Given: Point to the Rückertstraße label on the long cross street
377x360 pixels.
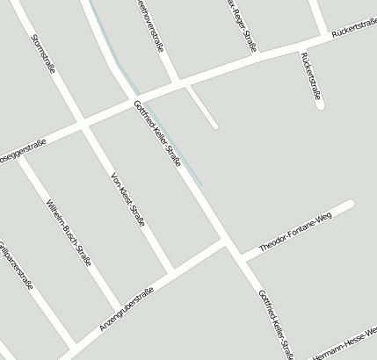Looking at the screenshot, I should click(x=353, y=31).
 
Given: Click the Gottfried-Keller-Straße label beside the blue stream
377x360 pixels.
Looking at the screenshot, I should click(x=157, y=134).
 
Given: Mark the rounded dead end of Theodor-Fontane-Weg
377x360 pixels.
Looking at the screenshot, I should click(x=349, y=205).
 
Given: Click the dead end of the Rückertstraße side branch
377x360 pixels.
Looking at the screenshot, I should click(x=320, y=105).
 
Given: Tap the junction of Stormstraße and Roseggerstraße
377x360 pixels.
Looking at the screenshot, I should click(x=85, y=125).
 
